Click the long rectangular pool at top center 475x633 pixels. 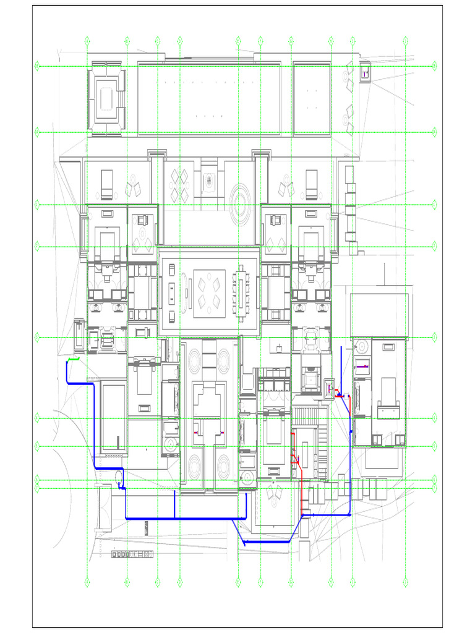click(x=209, y=98)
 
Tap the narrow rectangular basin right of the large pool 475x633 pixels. click(x=312, y=98)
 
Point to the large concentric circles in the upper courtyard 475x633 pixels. click(x=239, y=200)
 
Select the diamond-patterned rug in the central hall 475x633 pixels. click(x=209, y=294)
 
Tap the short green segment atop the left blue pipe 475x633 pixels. click(x=74, y=359)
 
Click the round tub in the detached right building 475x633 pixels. click(x=361, y=346)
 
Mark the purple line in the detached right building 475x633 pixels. click(x=362, y=367)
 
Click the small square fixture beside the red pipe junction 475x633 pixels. click(x=329, y=386)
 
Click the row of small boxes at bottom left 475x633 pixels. click(x=132, y=554)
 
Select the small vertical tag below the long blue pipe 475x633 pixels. click(x=147, y=529)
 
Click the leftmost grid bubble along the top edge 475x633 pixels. click(x=87, y=41)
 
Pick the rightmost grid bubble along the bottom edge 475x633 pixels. click(x=405, y=581)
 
